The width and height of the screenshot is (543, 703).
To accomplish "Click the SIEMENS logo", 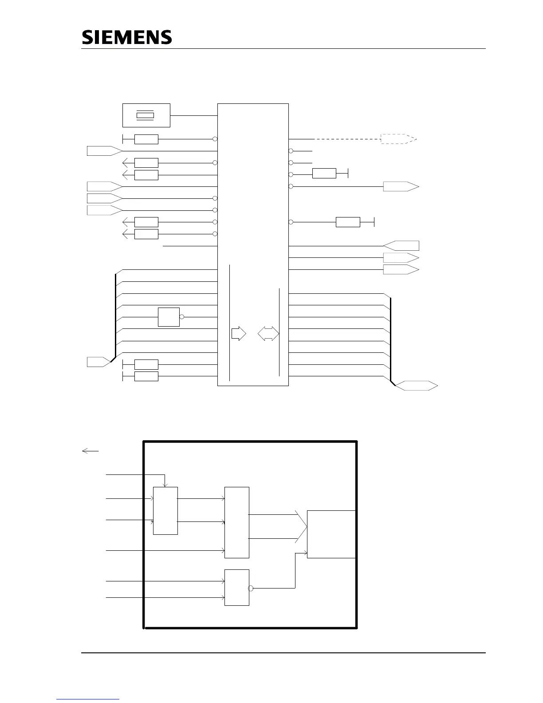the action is coord(127,37).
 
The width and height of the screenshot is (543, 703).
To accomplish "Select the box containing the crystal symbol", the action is coord(146,115).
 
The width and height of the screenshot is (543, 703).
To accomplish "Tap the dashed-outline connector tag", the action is coord(398,139).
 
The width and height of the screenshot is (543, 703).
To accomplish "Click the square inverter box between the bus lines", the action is coord(169,317).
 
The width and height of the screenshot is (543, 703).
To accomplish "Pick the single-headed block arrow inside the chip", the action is coord(239,334).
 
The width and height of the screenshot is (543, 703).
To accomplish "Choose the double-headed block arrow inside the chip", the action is coord(268,334).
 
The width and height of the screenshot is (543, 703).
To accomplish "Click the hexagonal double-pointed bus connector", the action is coord(416,386).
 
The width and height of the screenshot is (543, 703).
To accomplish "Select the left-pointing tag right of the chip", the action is coord(401,245).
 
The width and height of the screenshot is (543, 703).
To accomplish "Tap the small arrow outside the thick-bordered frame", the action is coord(90,451).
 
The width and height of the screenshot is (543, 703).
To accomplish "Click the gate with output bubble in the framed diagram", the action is coord(236,587).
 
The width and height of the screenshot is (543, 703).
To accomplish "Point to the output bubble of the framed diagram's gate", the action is coord(251,588).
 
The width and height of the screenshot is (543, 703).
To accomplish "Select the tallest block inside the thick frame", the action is coord(236,522).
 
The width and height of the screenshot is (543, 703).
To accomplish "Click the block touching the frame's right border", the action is coord(331,534).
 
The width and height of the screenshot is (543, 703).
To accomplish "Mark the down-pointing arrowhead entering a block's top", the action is coord(165,485).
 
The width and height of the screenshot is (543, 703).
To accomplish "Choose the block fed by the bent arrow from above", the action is coord(165,510).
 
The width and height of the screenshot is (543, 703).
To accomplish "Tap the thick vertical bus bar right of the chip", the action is coord(390,340).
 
